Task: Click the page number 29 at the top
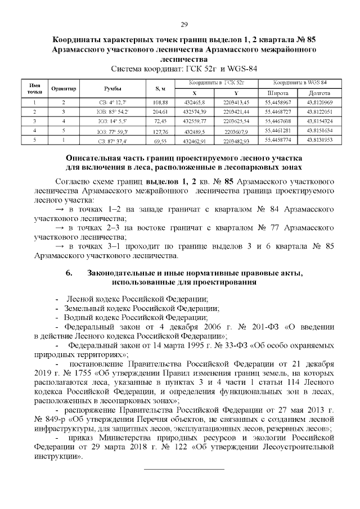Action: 183,24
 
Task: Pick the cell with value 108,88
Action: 160,102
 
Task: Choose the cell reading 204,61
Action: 160,112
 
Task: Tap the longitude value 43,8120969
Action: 319,102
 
